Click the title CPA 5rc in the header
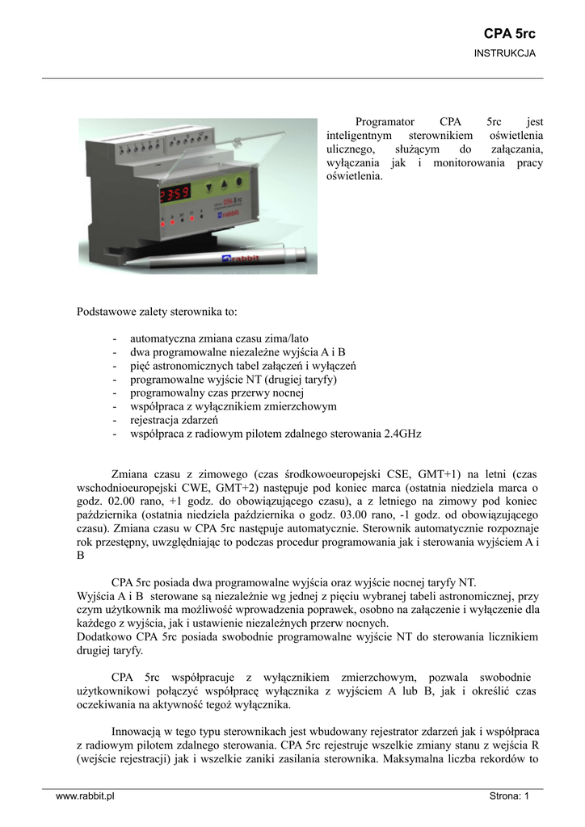(509, 34)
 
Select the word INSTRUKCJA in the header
(504, 53)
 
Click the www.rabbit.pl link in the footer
(85, 796)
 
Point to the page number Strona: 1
(509, 796)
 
